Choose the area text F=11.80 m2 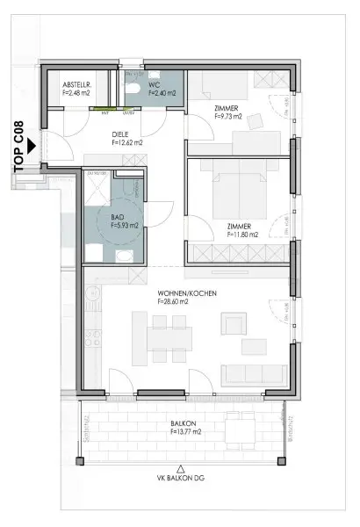click(x=242, y=235)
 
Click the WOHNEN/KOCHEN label click(x=186, y=292)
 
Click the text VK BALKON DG click(x=182, y=479)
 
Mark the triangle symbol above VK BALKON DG click(x=181, y=467)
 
